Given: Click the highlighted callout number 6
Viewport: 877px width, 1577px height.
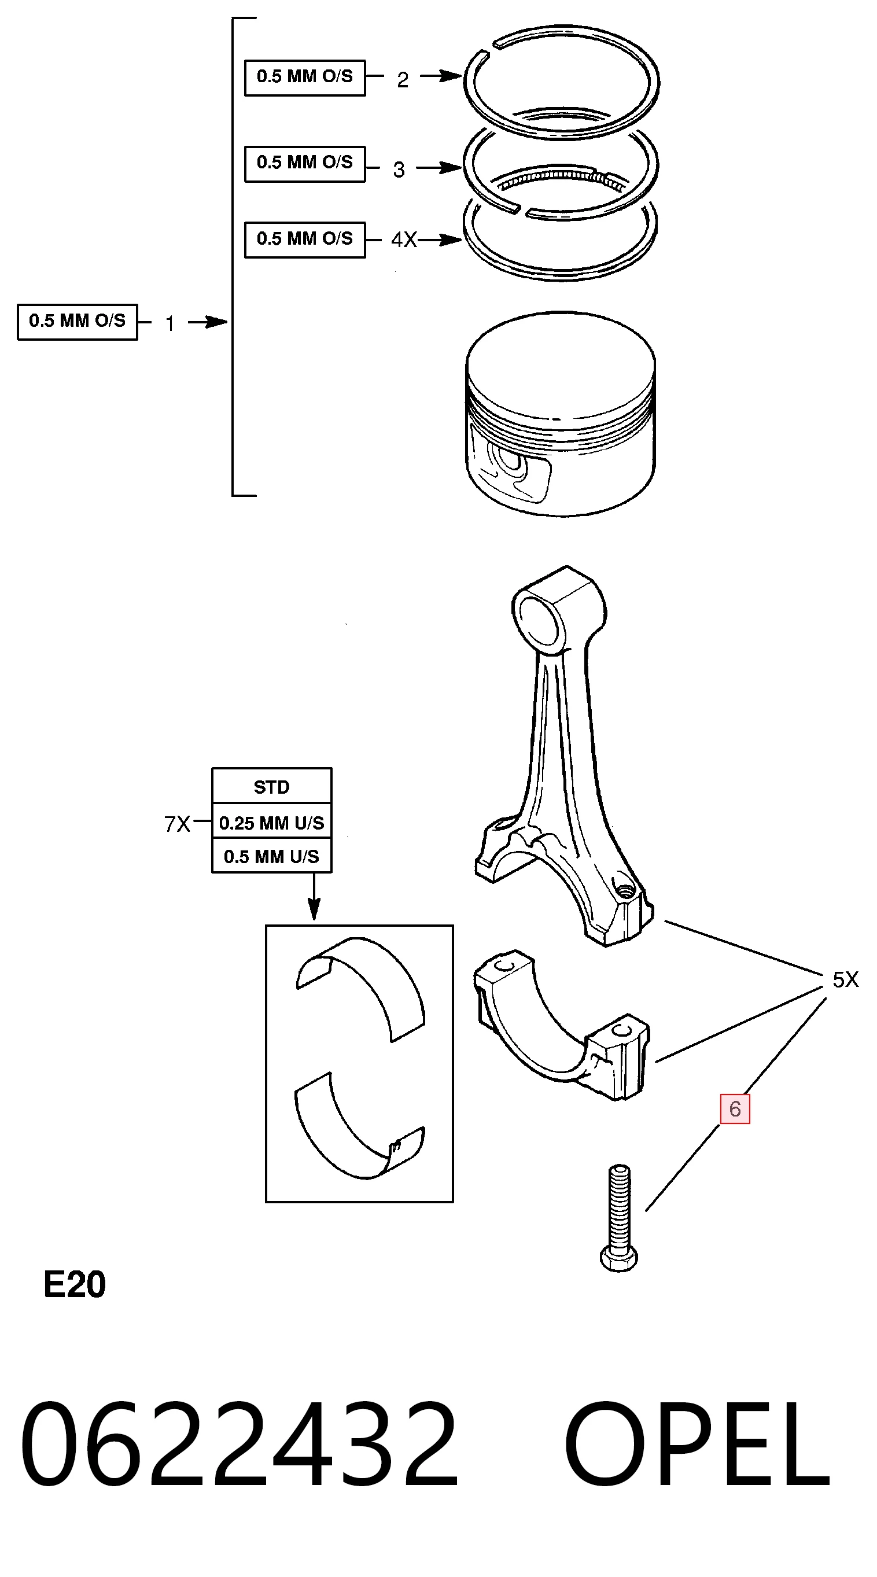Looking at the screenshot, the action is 735,1108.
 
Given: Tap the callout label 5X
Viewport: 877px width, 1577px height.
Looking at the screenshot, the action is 845,980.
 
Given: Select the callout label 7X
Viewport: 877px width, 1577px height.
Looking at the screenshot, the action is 177,824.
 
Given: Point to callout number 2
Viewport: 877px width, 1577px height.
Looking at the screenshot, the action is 402,80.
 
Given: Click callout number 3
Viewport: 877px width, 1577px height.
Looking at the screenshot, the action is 399,169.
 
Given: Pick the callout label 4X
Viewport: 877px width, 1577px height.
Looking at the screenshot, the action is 404,240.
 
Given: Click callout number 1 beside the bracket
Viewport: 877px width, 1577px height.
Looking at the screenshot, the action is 170,323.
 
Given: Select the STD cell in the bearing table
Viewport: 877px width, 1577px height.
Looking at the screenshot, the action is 272,787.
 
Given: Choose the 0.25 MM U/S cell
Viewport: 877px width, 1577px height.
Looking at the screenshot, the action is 272,822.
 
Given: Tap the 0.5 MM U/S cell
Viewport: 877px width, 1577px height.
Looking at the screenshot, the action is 272,856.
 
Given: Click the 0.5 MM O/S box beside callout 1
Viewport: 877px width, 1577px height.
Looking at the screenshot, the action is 77,322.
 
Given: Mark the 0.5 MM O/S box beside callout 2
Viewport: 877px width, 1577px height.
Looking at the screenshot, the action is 305,78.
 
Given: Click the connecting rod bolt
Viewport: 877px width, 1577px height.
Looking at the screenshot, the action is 619,1217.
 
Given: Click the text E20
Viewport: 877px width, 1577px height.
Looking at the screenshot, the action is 75,1284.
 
